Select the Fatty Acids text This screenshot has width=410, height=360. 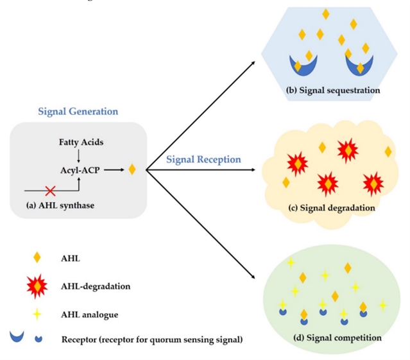[81, 141]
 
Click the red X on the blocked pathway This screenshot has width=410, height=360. [49, 191]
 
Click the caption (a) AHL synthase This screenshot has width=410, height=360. [60, 205]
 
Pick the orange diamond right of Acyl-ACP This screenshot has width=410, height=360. [132, 169]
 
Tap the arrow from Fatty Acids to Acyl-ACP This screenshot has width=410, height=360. [78, 155]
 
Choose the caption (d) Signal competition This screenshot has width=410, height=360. [337, 337]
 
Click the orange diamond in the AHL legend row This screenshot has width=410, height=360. [37, 257]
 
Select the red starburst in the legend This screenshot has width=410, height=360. [37, 286]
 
